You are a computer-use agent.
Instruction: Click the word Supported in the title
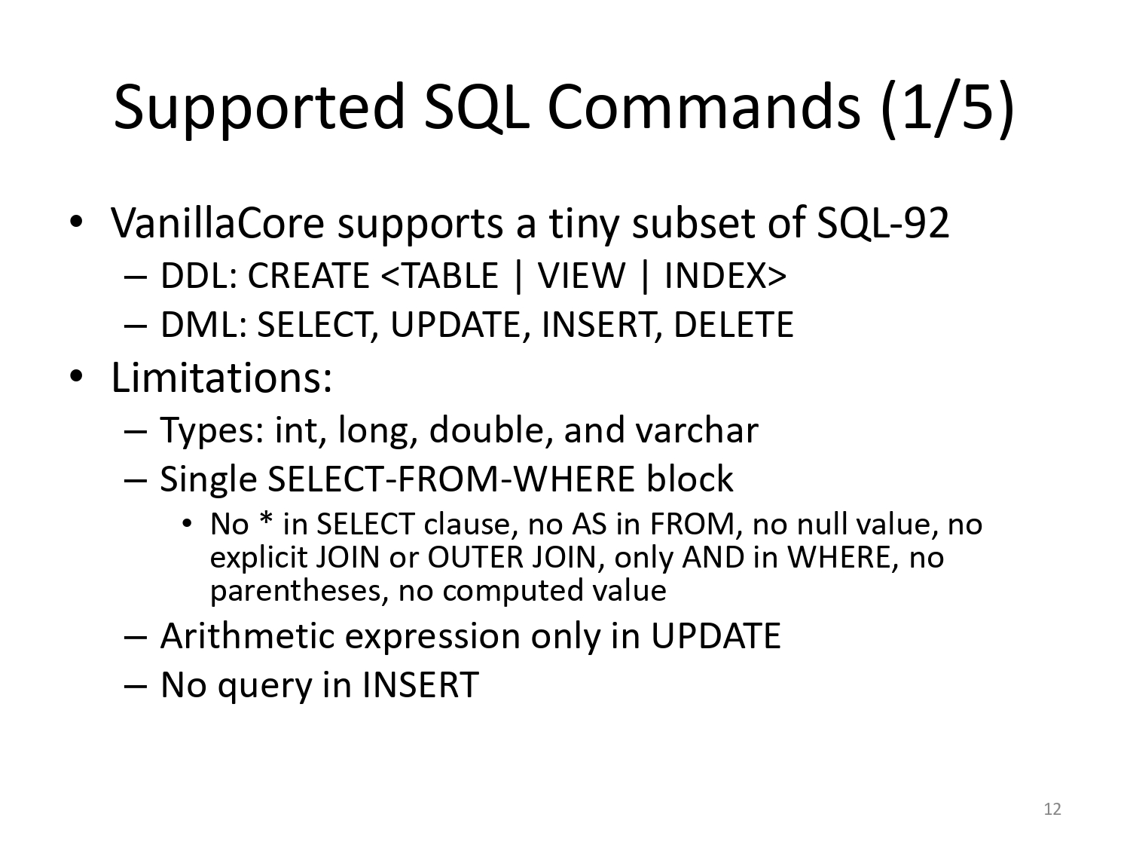259,108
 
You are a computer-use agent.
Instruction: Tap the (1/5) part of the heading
948,108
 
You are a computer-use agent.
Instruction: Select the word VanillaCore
217,223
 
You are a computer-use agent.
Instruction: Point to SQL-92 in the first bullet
883,223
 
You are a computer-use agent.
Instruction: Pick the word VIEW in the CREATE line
582,275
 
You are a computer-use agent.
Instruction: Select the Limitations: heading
222,378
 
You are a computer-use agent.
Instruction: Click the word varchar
697,430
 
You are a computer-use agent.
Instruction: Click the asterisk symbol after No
266,519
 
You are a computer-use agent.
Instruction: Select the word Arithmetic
248,636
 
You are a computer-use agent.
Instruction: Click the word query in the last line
265,687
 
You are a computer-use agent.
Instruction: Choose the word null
819,524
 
